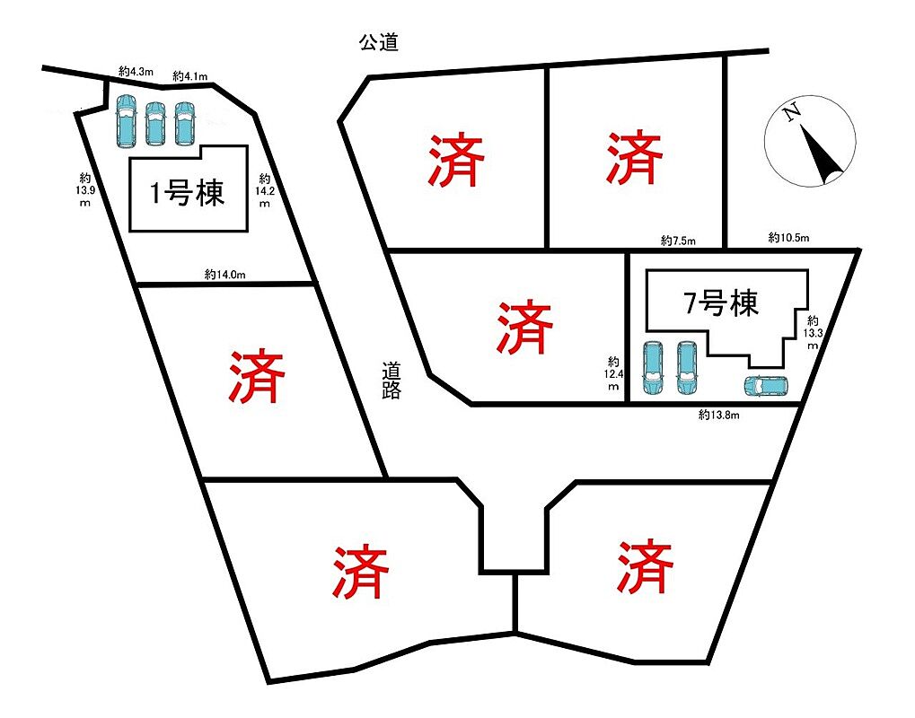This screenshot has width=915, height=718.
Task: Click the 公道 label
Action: coord(378,42)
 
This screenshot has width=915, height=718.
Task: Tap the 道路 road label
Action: coord(391,379)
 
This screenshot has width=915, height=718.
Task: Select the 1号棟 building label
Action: coord(187,193)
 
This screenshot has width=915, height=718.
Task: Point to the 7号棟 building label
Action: coord(721,304)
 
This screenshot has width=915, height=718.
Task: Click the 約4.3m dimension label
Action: coord(137,70)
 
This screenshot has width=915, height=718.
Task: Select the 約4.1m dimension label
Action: coord(190,77)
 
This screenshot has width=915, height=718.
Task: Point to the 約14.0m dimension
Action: coord(224,274)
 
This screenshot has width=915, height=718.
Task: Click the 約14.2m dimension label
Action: coord(265,190)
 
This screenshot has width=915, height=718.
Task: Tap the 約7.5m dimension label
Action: coord(678,241)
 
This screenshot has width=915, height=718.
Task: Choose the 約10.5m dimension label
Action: coord(788,238)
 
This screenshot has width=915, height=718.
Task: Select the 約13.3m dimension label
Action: coord(813,332)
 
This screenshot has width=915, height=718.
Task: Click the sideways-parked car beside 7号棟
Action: coord(765,386)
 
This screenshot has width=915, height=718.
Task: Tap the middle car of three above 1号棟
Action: coord(155,124)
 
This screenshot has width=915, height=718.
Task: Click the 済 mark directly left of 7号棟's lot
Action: coord(524,328)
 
